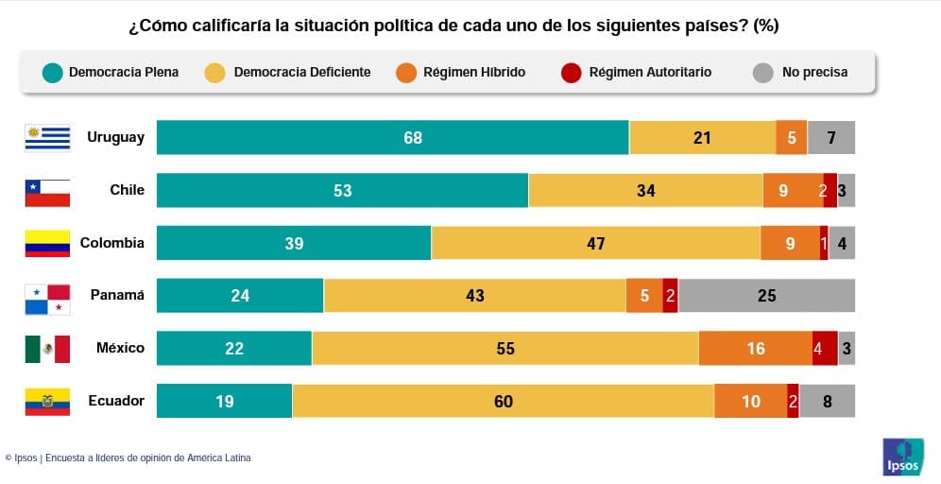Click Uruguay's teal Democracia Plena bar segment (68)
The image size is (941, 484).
click(392, 138)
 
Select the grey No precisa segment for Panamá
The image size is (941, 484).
click(766, 296)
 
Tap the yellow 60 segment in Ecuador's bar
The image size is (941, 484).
click(503, 402)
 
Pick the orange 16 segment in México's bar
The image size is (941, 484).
click(755, 349)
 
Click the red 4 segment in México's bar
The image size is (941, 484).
click(824, 349)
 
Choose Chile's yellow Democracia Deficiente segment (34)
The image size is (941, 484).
click(645, 191)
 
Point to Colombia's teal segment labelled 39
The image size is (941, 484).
click(294, 244)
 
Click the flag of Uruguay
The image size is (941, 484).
click(47, 138)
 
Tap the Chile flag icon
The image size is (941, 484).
click(47, 192)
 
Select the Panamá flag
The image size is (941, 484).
click(47, 298)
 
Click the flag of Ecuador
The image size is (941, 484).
click(47, 402)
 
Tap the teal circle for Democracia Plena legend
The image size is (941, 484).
click(53, 73)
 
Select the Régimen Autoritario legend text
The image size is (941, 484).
click(650, 73)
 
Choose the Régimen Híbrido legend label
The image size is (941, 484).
click(474, 73)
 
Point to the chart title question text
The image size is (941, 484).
click(453, 26)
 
